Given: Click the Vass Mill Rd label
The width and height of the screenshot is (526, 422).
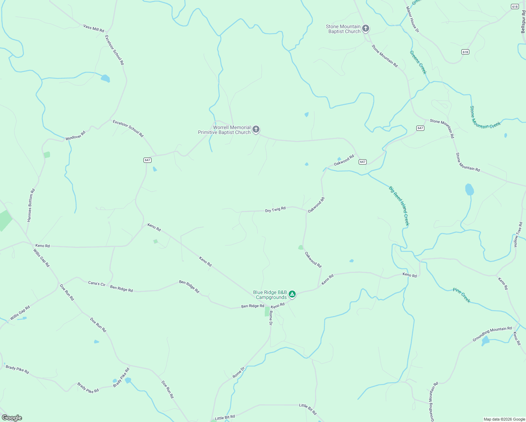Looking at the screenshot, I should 94,28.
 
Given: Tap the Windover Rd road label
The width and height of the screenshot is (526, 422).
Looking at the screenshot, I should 76,136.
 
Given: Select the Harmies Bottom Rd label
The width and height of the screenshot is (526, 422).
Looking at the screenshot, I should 31,205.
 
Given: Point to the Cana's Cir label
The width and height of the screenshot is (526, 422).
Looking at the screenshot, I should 97,283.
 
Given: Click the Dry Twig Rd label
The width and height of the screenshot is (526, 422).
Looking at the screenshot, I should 275,210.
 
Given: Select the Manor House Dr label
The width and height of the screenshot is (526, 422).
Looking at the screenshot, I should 413,20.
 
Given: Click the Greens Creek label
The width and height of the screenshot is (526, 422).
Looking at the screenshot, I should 418,62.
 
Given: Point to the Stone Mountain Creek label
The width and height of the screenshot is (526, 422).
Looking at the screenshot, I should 485,117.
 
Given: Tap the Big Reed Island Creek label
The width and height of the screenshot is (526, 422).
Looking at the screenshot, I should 399,206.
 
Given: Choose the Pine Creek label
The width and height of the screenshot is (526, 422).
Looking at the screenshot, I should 462,295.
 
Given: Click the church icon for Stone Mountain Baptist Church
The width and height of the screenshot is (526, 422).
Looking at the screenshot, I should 366,28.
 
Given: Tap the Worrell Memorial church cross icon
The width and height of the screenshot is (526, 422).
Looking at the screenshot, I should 256,129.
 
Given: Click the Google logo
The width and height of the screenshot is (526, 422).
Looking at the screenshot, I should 12,418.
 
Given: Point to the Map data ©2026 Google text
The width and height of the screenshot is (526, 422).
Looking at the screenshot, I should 504,419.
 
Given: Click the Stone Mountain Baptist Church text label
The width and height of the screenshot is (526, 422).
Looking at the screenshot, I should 343,29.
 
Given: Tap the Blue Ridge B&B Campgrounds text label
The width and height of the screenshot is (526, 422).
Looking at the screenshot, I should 270,295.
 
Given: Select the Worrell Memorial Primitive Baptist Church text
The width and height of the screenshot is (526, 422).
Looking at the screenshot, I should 224,130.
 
